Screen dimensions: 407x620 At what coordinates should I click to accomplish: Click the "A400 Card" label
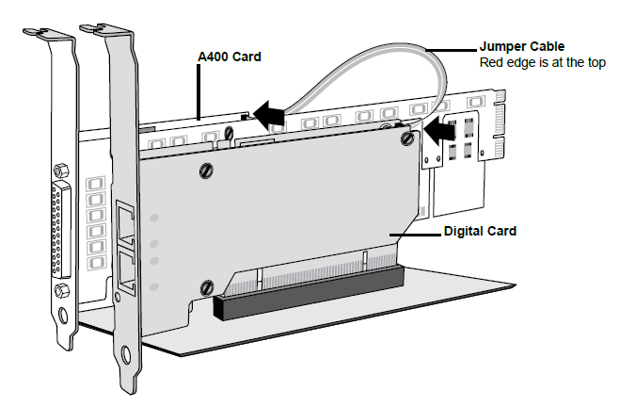[229, 57]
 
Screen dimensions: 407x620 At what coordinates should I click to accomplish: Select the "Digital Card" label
[480, 231]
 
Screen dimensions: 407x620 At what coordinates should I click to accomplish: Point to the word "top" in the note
[593, 62]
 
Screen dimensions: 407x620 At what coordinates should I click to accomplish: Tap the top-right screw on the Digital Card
[406, 139]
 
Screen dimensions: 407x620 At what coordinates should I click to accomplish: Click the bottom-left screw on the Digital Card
[205, 285]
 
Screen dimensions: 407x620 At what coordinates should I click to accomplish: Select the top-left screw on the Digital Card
[207, 171]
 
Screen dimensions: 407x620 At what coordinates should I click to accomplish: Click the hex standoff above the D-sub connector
[61, 171]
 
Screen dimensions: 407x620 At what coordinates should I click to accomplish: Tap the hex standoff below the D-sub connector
[61, 288]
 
